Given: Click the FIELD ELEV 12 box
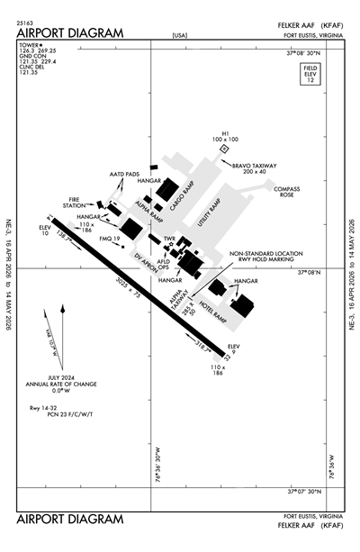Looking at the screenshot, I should (x=311, y=75).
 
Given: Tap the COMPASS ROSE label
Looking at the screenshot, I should (x=286, y=191).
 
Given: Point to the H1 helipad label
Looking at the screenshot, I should (x=225, y=136).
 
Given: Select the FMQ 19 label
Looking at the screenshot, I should (x=110, y=239).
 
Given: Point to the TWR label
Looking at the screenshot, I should (x=167, y=239).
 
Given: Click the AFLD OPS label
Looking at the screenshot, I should (x=164, y=264).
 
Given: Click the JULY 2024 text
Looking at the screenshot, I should (x=62, y=378).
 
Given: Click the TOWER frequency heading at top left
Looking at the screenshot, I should (x=29, y=41).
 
